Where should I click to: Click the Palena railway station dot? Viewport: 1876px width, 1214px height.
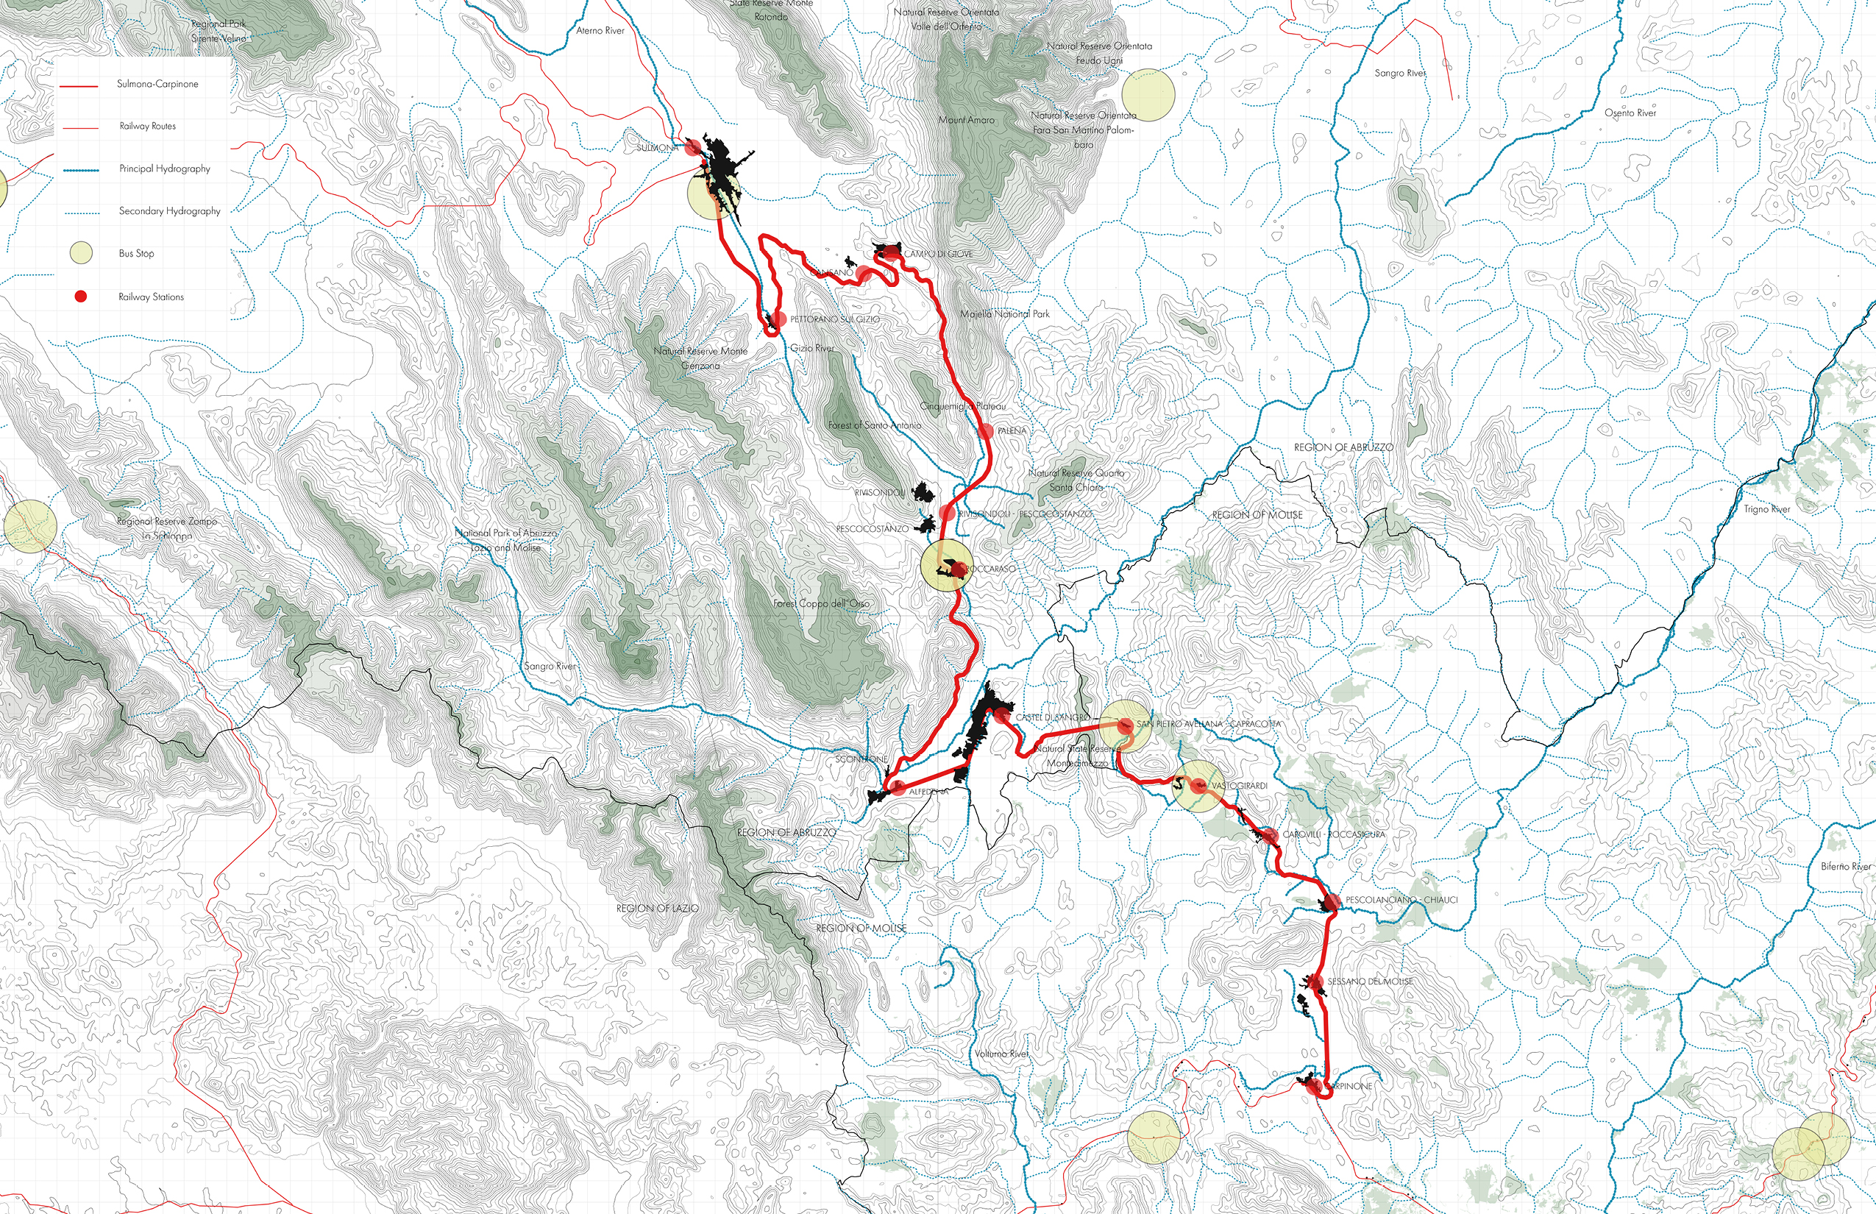coord(984,431)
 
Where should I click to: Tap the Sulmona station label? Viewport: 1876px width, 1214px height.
coord(656,148)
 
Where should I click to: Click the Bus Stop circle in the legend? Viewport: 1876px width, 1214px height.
coord(81,253)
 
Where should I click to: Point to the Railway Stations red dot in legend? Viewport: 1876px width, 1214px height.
coord(80,297)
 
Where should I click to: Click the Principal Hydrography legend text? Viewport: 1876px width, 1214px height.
coord(165,168)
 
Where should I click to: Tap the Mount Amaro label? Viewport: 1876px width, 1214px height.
coord(967,120)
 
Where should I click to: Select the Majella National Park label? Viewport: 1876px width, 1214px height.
coord(1005,313)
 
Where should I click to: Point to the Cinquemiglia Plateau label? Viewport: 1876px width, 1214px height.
coord(963,406)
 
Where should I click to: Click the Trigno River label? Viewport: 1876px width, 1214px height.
coord(1766,509)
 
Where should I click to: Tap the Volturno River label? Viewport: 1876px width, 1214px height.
coord(1001,1053)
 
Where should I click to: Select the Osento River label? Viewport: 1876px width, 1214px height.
coord(1630,113)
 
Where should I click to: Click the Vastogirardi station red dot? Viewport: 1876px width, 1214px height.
coord(1198,785)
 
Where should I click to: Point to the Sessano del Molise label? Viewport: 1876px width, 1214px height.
coord(1370,982)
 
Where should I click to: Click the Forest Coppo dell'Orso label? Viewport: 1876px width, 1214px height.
coord(820,603)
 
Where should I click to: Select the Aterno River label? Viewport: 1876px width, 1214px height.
coord(600,31)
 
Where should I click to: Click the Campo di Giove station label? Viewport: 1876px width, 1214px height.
coord(938,254)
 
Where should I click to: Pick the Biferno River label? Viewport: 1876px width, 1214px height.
coord(1845,867)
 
